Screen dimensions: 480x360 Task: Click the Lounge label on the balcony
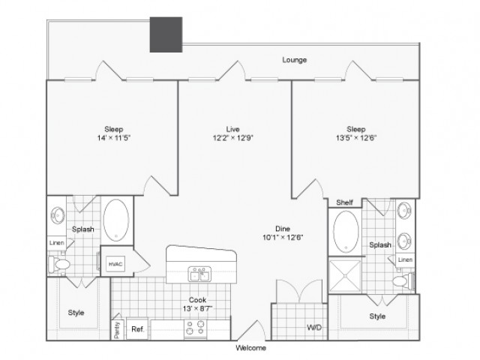point(294,60)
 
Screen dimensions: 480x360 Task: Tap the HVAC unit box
point(115,263)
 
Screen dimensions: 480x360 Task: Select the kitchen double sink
point(199,274)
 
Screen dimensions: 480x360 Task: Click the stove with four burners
point(195,328)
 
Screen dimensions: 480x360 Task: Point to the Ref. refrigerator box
point(137,329)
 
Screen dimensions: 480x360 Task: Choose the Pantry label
point(117,330)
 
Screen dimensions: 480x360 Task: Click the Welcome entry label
point(250,348)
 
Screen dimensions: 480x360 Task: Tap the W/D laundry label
point(314,327)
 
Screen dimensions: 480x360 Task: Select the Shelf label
point(344,202)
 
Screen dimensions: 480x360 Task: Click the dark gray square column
point(166,34)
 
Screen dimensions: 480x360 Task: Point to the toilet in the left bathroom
point(59,264)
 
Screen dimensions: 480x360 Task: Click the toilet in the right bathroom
point(403,280)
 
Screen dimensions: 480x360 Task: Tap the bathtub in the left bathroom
point(116,220)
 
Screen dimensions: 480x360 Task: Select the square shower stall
point(345,276)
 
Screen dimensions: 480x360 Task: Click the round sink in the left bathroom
point(58,215)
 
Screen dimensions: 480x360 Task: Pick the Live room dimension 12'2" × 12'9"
point(233,138)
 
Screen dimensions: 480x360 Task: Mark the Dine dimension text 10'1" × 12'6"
point(283,237)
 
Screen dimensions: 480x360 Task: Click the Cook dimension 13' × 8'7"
point(197,308)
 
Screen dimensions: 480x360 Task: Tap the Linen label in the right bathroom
point(405,259)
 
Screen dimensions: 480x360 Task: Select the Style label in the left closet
point(76,313)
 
